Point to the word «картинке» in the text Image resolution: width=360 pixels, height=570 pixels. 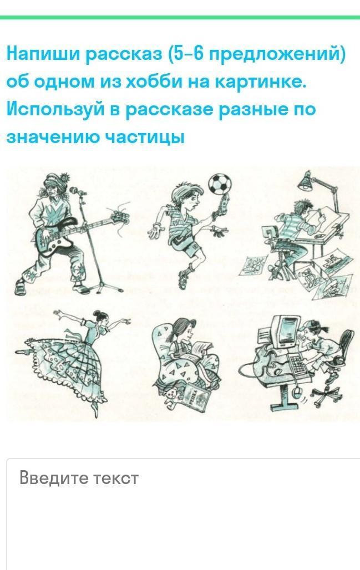click(x=261, y=82)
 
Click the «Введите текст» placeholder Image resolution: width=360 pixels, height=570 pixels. click(x=79, y=477)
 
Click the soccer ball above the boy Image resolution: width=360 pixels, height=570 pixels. click(x=220, y=184)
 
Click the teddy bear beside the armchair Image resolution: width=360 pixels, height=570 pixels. click(x=171, y=396)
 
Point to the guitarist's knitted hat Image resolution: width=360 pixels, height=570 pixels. click(x=55, y=182)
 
